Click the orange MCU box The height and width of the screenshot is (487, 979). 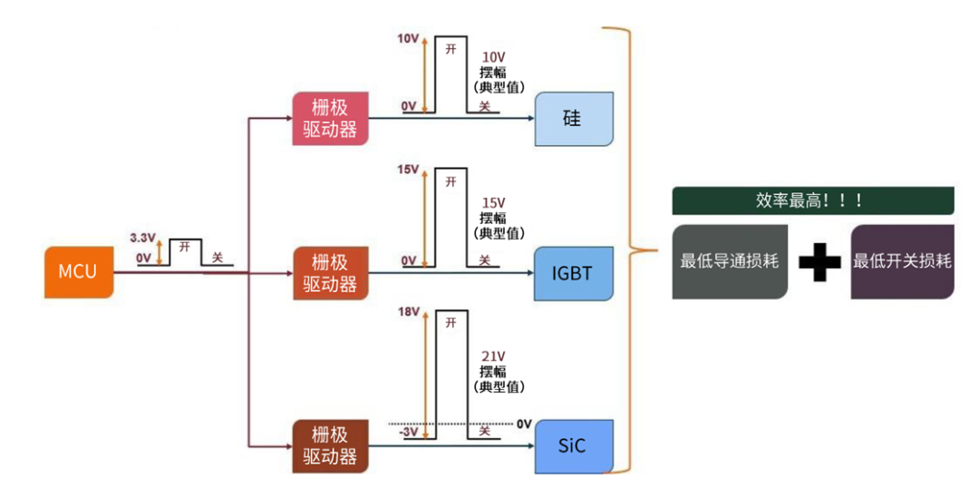pos(79,271)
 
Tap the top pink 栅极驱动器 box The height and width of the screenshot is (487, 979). pos(330,118)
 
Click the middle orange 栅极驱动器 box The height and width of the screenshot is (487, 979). pos(330,273)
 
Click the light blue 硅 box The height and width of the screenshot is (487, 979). pos(573,119)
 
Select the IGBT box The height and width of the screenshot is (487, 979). pos(573,273)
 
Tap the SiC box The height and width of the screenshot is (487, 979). pos(573,445)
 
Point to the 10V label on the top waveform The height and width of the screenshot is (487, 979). pos(408,40)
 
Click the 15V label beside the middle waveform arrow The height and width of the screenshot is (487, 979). pos(408,170)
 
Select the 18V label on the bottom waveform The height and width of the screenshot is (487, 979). pos(408,312)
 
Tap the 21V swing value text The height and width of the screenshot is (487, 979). pos(494,356)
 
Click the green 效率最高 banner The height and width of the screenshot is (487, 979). pos(812,200)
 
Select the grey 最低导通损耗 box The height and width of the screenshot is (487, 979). pos(729,261)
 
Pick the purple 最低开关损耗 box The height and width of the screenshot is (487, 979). pos(902,261)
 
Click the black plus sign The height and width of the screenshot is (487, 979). pos(819,262)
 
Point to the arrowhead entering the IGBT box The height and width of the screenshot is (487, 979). pos(528,272)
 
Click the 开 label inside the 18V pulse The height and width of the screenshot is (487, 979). pos(451,322)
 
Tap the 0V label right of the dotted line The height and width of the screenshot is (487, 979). pos(524,424)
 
